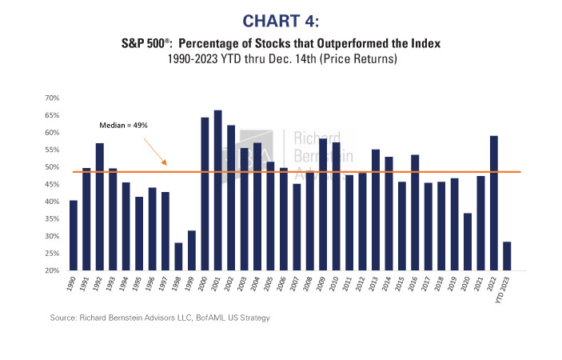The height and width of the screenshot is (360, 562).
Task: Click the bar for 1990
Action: coord(74,235)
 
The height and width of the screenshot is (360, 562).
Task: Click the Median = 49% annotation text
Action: coord(122,126)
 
